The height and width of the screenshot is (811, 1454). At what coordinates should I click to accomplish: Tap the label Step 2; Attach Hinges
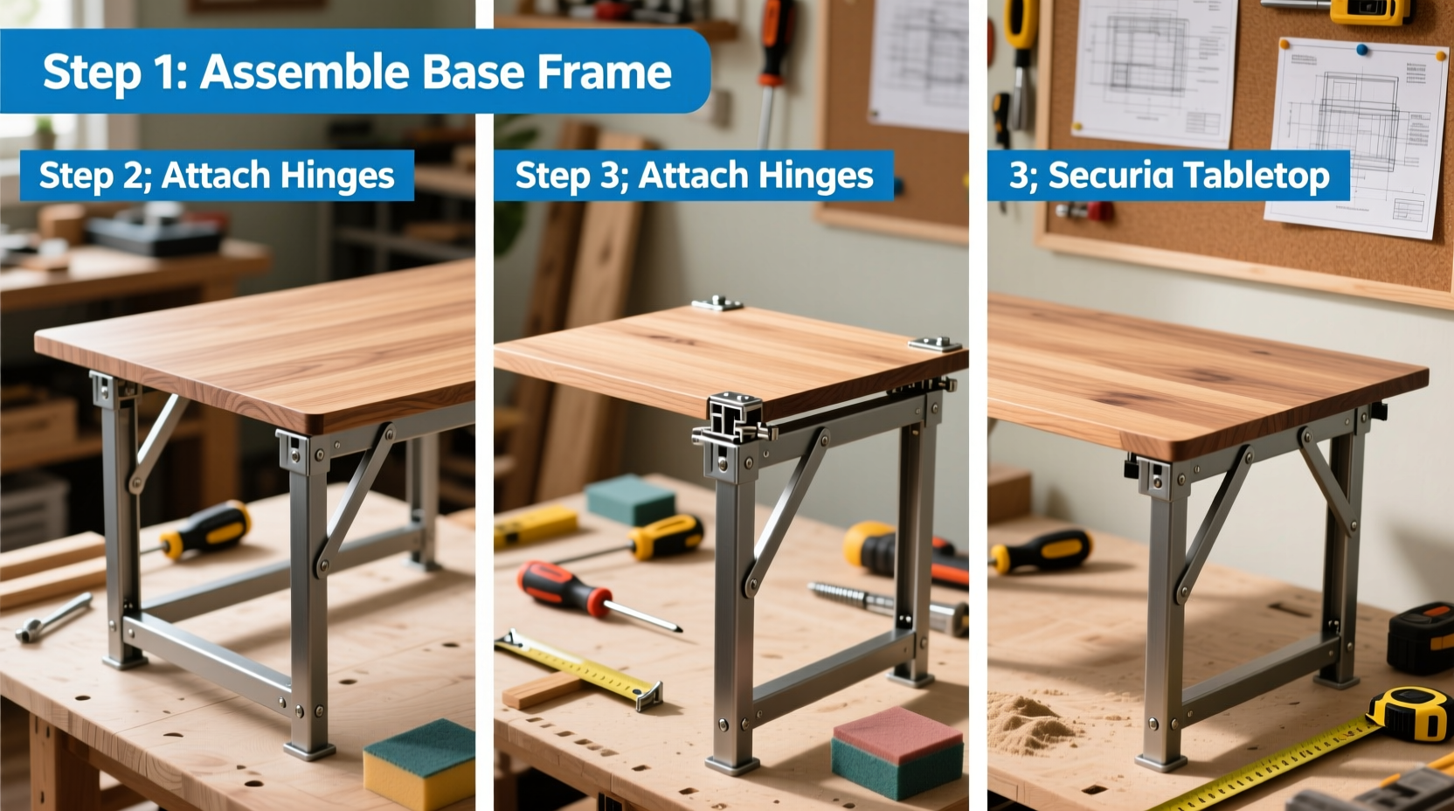[x=217, y=176]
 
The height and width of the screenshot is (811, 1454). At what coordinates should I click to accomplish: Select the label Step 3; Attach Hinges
[x=694, y=176]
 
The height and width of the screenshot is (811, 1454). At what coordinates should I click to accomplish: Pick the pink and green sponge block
[x=897, y=752]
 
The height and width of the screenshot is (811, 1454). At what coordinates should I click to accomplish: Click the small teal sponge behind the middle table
[x=630, y=500]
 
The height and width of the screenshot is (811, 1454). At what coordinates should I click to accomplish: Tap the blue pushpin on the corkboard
[x=1361, y=50]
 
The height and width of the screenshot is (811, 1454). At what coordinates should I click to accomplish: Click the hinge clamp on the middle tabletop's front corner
[x=733, y=419]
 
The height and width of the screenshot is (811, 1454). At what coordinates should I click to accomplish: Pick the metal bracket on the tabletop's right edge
[x=934, y=343]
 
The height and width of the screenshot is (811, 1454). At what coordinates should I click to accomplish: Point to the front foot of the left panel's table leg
[x=309, y=748]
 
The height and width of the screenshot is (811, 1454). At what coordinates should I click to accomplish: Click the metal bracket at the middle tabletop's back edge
[x=717, y=303]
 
